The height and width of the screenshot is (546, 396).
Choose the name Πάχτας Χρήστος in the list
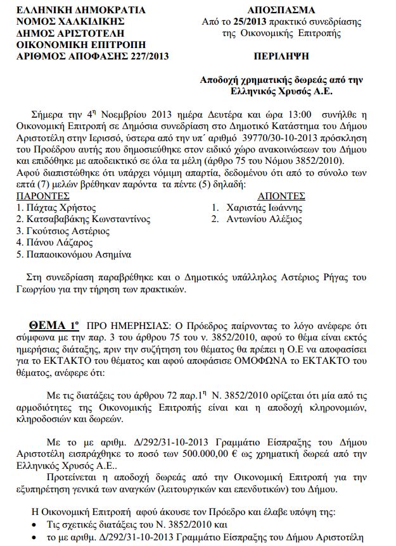(x=61, y=208)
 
